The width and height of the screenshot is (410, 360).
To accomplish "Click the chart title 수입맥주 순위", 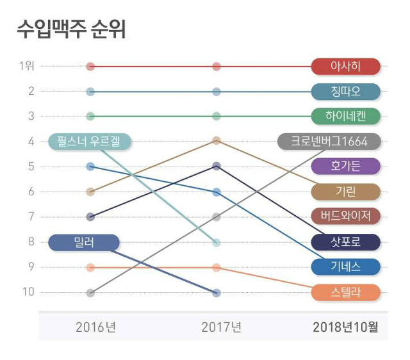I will click(70, 29).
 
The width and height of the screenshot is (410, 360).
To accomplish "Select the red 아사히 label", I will click(345, 67).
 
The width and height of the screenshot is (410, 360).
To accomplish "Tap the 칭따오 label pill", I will click(345, 92).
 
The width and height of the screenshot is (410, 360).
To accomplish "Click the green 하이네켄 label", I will click(345, 117).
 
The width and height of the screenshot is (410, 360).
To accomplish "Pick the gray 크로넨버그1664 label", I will click(331, 141).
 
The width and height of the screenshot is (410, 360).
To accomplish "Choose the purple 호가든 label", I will click(345, 167).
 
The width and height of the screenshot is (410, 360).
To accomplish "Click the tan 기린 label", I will click(345, 192).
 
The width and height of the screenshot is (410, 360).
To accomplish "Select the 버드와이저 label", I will click(345, 217).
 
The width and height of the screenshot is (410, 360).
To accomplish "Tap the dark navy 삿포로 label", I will click(345, 242).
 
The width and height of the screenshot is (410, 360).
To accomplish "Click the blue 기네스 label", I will click(345, 267).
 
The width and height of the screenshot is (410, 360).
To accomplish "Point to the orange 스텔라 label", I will click(345, 293).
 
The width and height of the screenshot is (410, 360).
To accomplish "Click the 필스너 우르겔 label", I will click(90, 141).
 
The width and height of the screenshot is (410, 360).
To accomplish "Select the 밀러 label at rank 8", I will click(84, 242).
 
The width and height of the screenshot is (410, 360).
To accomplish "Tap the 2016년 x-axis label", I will click(95, 327).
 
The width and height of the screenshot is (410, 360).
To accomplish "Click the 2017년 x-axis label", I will click(221, 327).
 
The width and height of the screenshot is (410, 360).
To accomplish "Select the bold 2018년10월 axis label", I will click(345, 327).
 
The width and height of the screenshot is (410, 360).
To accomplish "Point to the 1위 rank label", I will click(27, 66).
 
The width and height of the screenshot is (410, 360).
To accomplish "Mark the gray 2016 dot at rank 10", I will click(90, 293).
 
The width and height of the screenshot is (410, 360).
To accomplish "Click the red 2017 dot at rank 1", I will click(217, 67).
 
